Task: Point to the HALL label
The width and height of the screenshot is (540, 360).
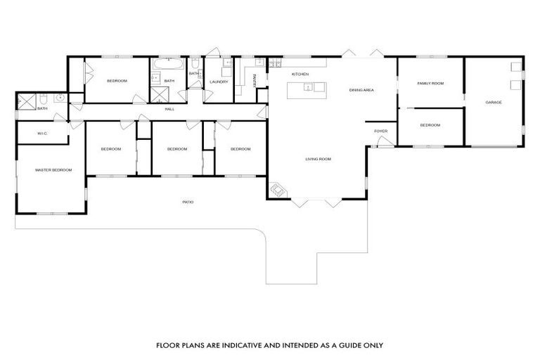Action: [x=169, y=109]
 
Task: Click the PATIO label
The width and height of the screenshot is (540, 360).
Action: [x=188, y=202]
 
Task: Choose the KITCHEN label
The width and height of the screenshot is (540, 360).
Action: [x=300, y=74]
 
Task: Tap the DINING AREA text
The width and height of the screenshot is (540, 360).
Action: [x=361, y=90]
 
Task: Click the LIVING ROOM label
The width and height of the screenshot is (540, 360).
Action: [x=318, y=159]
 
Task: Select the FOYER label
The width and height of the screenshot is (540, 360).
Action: [x=380, y=131]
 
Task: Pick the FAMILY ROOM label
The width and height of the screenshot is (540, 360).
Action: [x=430, y=83]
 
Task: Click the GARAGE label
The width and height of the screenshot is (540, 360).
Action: [x=494, y=103]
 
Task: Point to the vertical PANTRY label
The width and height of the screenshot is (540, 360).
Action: [x=254, y=81]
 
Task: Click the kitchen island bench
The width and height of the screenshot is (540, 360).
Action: [x=307, y=88]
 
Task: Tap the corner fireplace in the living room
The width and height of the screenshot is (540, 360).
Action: [x=278, y=190]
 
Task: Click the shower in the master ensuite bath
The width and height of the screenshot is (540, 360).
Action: [x=27, y=101]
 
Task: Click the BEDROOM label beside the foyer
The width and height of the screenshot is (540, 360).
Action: [x=430, y=125]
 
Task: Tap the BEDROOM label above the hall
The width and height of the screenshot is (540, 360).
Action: [x=117, y=81]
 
